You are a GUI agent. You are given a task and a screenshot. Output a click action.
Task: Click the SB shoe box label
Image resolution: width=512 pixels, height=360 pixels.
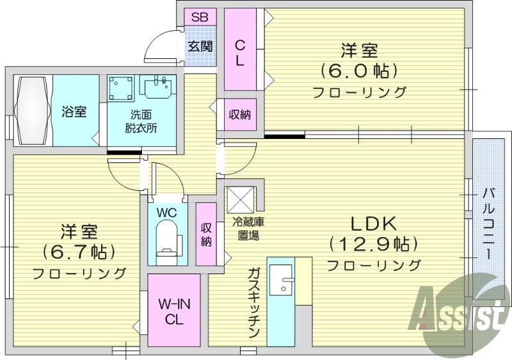[x=200, y=17]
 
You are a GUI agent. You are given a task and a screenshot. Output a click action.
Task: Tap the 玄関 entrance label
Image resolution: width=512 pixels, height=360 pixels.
[x=200, y=45]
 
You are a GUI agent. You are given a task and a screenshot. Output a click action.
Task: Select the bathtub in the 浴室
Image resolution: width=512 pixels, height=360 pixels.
[x=32, y=111]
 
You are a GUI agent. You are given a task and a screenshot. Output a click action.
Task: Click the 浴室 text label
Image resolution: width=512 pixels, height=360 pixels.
[x=74, y=111]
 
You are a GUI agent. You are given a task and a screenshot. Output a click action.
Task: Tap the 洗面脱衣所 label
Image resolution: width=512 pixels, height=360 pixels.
[x=141, y=121]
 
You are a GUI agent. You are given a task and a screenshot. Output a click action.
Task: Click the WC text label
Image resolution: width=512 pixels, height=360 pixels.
[x=167, y=211]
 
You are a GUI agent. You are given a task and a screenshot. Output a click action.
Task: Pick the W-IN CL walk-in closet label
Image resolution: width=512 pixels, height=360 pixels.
[x=173, y=311]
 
